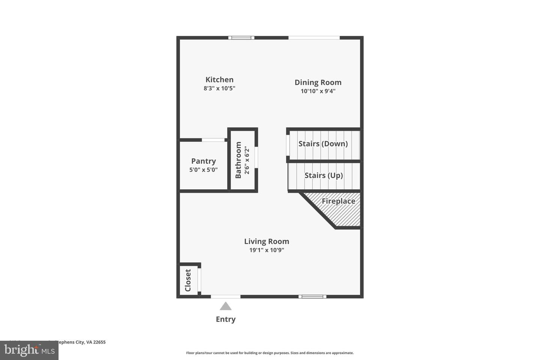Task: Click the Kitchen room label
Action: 219,79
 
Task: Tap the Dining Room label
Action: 318,82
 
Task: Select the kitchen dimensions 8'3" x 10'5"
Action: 219,88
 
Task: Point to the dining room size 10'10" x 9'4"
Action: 318,91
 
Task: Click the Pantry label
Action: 204,161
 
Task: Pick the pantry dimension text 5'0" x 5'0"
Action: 204,170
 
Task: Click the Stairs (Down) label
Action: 323,144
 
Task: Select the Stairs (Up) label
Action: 324,175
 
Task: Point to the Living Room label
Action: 267,241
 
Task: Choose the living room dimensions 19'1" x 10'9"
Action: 267,250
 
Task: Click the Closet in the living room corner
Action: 188,280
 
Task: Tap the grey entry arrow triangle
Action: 225,306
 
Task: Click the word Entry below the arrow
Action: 226,319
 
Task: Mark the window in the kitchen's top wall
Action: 241,37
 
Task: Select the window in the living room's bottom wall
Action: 312,297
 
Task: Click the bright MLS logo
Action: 29,350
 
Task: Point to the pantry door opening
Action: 213,140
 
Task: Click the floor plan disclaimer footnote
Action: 270,353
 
